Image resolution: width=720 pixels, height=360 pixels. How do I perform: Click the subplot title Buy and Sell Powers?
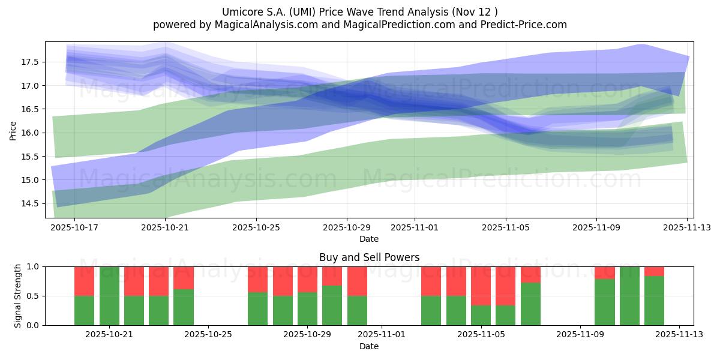point(368,257)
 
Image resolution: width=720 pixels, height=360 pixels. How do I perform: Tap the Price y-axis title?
point(13,130)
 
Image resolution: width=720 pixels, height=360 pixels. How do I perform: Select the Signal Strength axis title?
point(18,295)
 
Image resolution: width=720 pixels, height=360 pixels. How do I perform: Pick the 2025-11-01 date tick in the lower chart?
point(382,334)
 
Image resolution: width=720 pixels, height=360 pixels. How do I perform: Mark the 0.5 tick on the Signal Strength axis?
point(34,296)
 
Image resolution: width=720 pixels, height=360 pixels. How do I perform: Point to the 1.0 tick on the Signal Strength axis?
point(34,266)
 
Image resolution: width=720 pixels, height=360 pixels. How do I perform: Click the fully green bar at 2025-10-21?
point(109,296)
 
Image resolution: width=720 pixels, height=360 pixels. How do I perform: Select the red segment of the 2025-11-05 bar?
point(481,286)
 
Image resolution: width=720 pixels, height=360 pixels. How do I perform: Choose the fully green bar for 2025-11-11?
point(629,296)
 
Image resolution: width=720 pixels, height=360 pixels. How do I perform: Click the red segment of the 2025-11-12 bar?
point(654,271)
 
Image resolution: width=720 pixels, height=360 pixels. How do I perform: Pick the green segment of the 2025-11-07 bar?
point(530,304)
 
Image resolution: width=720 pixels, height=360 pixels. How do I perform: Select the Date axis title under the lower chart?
point(368,346)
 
